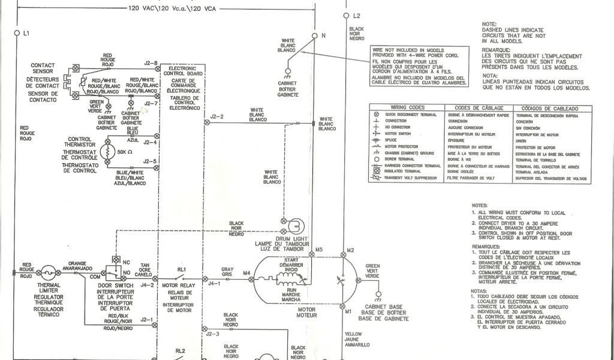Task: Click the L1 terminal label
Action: point(26,33)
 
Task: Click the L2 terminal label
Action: point(356,15)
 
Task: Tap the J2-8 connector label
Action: point(151,63)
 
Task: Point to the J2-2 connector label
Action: point(216,116)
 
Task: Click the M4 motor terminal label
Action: point(246,274)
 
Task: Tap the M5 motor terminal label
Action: point(319,249)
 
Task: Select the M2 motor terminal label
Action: point(351,249)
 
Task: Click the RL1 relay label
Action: point(181,269)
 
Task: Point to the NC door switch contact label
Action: point(125,262)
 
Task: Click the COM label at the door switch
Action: point(95,277)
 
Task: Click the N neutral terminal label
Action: point(323,35)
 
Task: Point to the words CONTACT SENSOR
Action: point(42,67)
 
